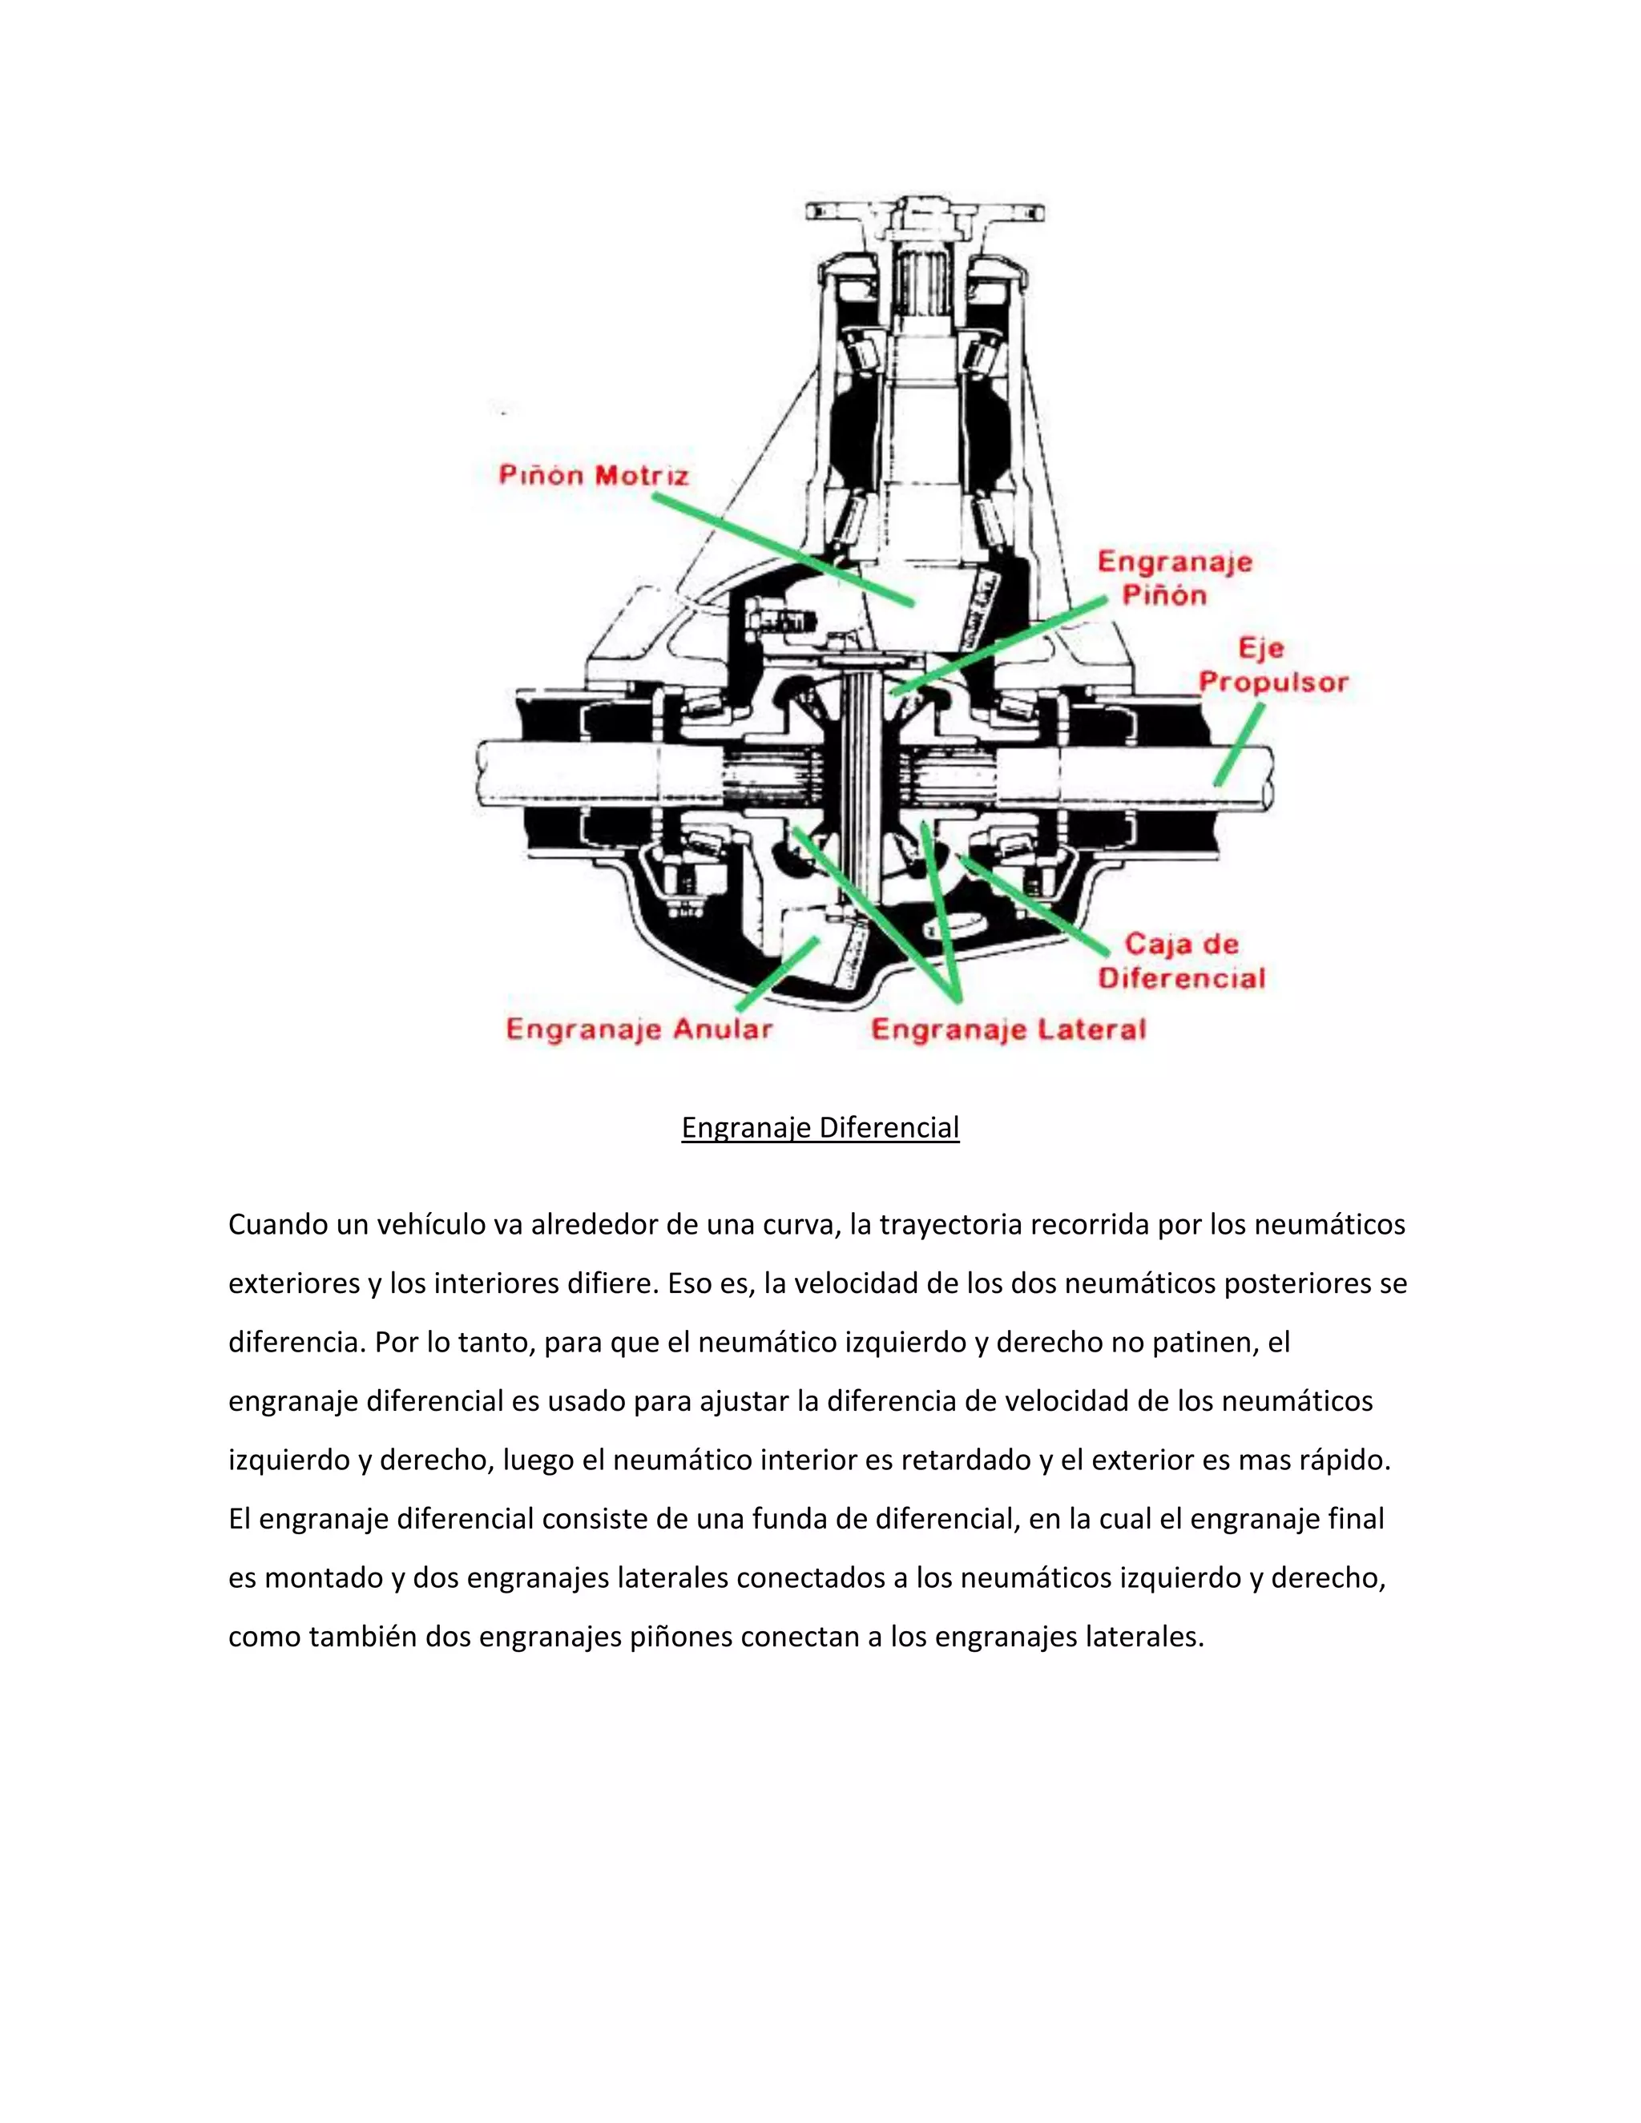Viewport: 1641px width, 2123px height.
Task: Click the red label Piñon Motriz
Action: [x=593, y=475]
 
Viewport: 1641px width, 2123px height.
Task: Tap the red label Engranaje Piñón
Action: [x=1175, y=578]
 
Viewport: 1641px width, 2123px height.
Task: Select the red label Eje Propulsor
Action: [x=1272, y=665]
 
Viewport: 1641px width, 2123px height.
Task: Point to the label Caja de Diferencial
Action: [x=1181, y=961]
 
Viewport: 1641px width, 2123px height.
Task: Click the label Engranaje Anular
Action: [x=639, y=1029]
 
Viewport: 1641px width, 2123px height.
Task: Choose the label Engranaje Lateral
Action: [x=1008, y=1029]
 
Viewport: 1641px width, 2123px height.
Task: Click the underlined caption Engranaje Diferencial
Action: [x=820, y=1128]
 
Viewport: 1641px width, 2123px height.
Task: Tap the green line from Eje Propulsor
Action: [x=1239, y=744]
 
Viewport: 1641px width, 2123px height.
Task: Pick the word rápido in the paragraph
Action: [x=1345, y=1460]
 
